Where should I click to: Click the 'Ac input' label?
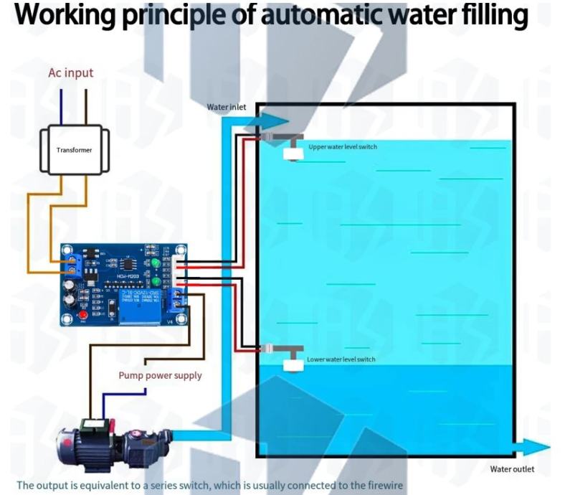(70, 72)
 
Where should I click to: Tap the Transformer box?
(75, 150)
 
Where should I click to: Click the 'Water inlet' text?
(227, 107)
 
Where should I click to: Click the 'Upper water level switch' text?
(342, 146)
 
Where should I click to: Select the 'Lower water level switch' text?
(341, 359)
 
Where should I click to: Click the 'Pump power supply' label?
(160, 375)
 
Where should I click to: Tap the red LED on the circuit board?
(84, 316)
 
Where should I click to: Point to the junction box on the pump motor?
(91, 424)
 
